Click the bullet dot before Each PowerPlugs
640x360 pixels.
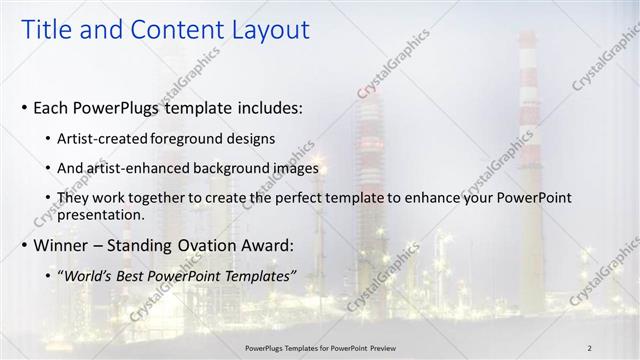pyautogui.click(x=23, y=107)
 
